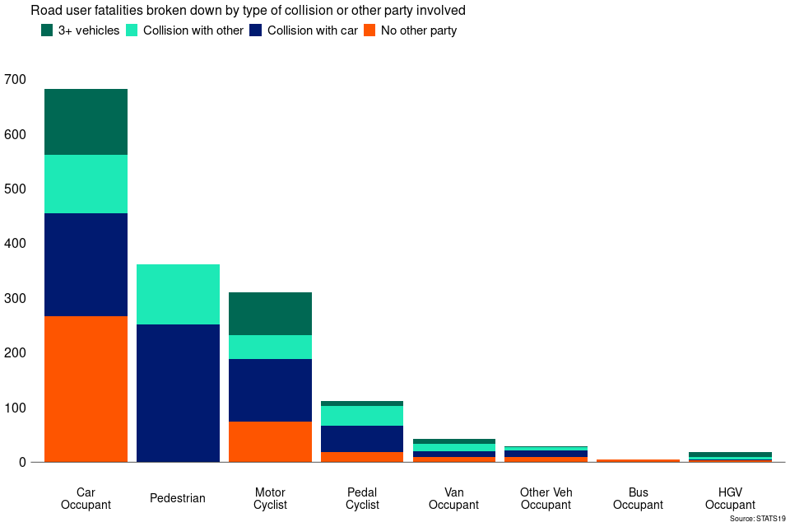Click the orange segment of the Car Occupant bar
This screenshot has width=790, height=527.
pos(86,389)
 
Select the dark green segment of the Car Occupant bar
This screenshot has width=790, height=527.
pos(86,122)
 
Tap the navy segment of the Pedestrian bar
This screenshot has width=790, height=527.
pos(178,393)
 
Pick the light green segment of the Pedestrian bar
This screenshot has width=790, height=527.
pos(178,294)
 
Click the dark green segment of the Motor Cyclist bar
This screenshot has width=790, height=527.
pos(270,314)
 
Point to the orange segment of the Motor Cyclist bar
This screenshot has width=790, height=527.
pos(270,441)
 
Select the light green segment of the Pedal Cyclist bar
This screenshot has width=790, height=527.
pos(362,416)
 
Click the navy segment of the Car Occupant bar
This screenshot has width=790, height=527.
pos(86,264)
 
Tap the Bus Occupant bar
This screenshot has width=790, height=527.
pos(638,460)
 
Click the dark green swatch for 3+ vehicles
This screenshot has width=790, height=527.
pos(47,30)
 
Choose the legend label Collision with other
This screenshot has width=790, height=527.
pos(193,30)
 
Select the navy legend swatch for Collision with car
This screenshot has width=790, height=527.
pos(257,30)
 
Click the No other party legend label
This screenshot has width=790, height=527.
pos(418,30)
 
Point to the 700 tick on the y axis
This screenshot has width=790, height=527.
pos(15,80)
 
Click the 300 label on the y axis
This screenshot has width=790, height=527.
pos(15,298)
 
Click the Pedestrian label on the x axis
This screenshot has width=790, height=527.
pos(178,498)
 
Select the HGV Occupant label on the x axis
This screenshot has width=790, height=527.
pos(730,498)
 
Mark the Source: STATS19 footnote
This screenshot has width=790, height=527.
pos(757,519)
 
